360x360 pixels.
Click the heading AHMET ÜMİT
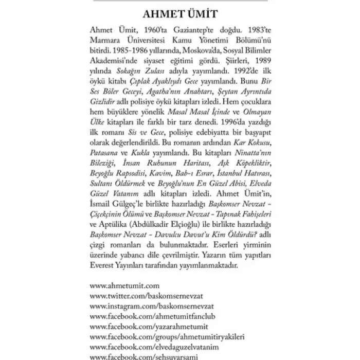tap(180, 13)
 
